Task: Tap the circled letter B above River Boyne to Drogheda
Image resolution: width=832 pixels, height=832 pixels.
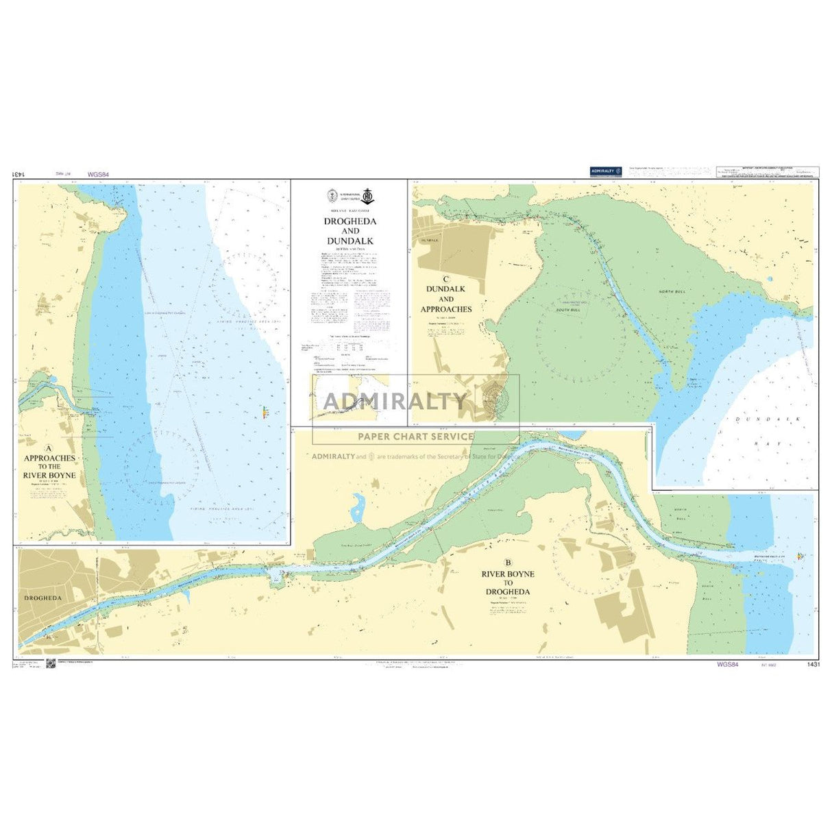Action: (x=507, y=564)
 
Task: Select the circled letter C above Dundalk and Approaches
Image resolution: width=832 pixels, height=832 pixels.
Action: (x=446, y=279)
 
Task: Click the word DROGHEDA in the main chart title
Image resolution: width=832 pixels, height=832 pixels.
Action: (x=350, y=221)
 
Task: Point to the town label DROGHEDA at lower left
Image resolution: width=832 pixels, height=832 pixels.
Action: (x=42, y=598)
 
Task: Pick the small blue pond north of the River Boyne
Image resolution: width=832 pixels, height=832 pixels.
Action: (x=357, y=508)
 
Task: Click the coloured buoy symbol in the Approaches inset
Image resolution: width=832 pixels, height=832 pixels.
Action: (x=265, y=412)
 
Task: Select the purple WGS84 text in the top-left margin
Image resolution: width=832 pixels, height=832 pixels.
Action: (x=99, y=175)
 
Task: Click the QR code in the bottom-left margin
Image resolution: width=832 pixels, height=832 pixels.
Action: (x=50, y=663)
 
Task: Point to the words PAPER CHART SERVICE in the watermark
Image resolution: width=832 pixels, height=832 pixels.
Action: (x=416, y=436)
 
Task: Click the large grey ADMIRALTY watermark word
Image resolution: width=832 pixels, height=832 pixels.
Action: (x=395, y=401)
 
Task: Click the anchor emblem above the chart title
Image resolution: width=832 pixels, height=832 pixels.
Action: (x=367, y=195)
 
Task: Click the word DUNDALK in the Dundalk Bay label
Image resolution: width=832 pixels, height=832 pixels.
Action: (x=754, y=418)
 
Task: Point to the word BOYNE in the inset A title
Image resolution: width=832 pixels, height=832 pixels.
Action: (x=62, y=475)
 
